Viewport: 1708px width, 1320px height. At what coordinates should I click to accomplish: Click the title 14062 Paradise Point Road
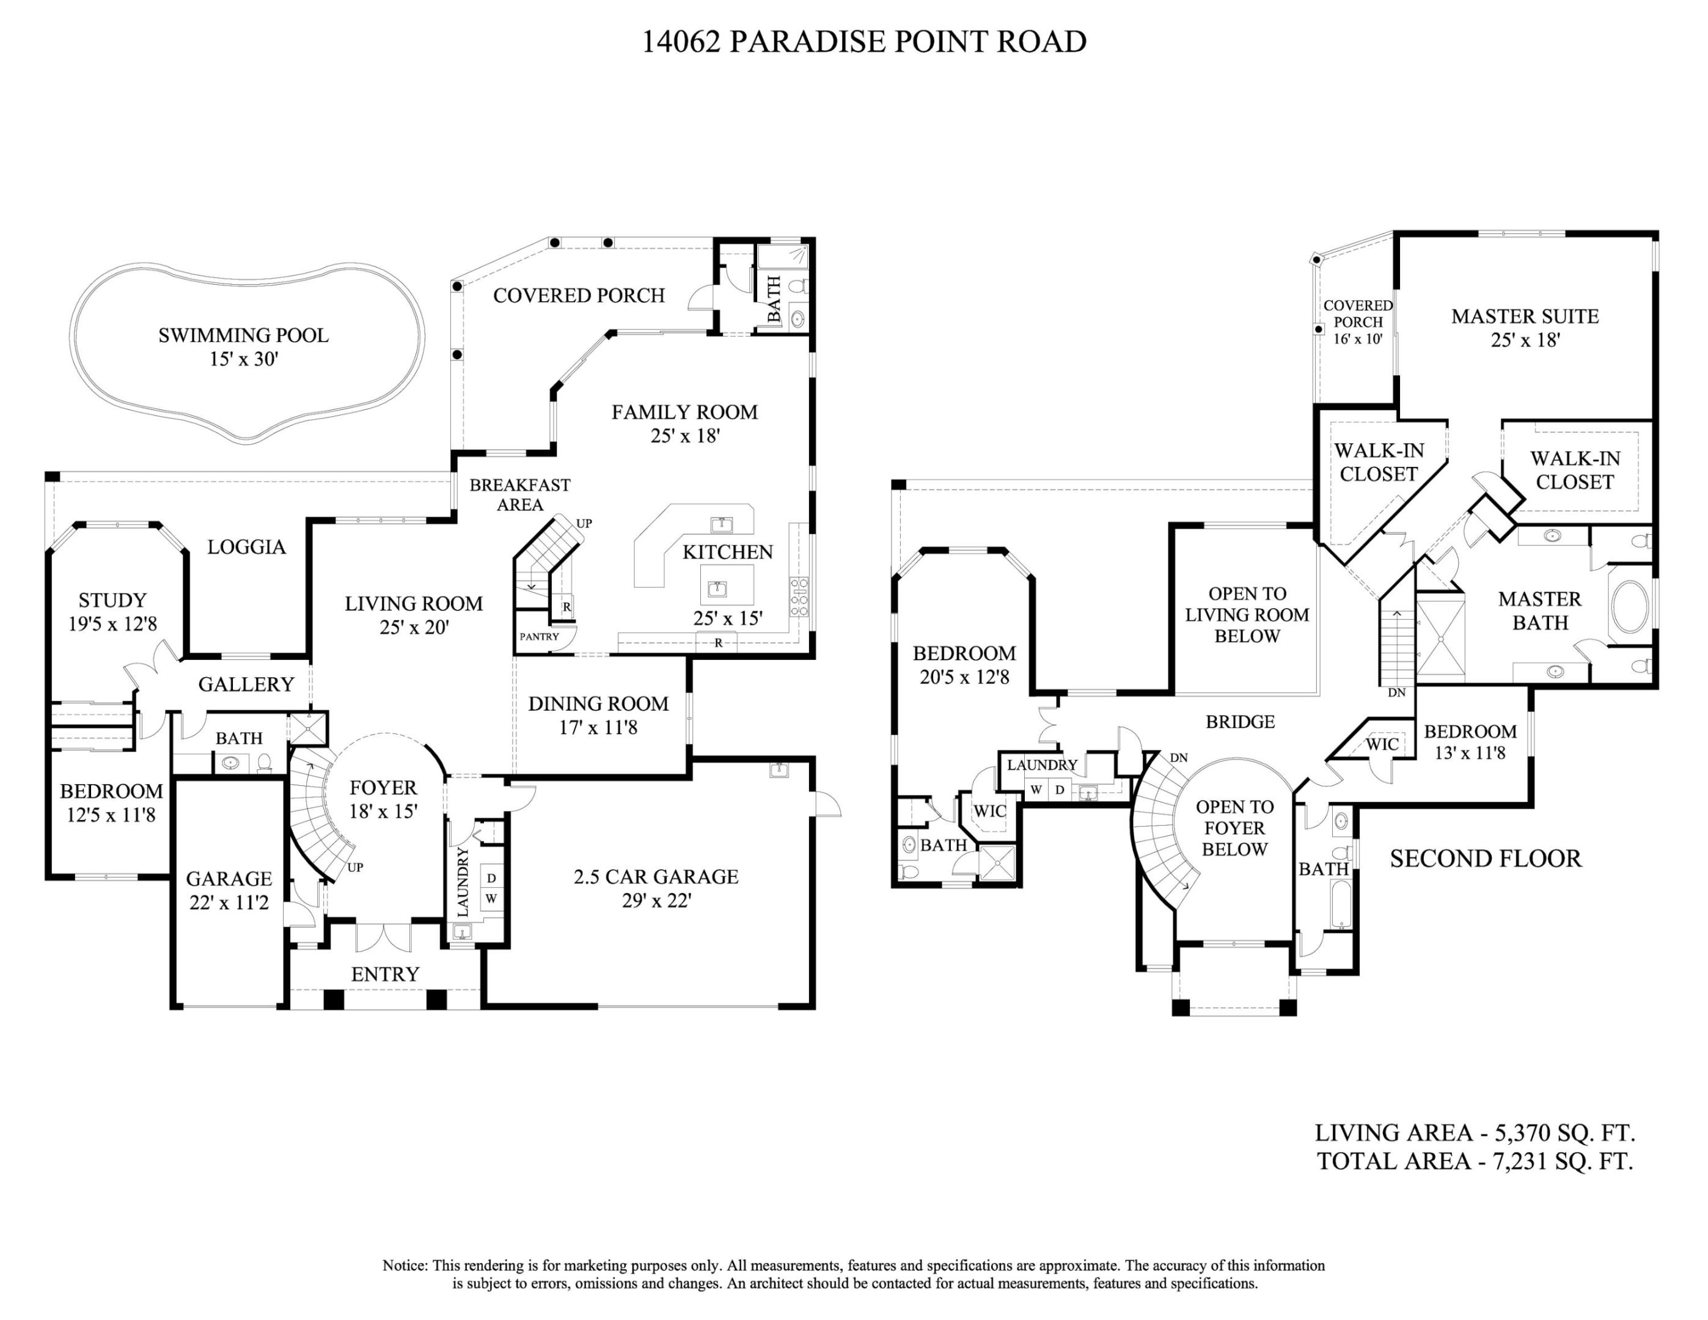click(x=863, y=42)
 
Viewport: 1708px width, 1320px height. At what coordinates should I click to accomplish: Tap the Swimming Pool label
click(x=243, y=335)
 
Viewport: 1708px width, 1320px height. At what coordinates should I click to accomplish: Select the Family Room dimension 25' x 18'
click(x=685, y=436)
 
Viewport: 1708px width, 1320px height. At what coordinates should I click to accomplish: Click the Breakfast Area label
click(x=519, y=494)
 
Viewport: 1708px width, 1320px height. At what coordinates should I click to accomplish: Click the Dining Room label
click(x=598, y=704)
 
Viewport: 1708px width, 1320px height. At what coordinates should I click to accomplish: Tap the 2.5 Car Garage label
click(x=655, y=876)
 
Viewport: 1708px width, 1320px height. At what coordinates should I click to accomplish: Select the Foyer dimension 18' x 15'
click(x=383, y=811)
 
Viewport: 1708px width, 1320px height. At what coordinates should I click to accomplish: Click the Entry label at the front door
click(x=385, y=974)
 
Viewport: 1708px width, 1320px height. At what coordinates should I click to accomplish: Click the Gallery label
click(x=246, y=684)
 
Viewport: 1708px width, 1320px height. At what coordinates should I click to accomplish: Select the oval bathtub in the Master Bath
click(x=1630, y=606)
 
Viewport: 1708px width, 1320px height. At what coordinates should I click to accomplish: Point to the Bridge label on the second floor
click(x=1239, y=722)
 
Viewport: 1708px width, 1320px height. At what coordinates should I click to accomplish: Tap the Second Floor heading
click(x=1485, y=859)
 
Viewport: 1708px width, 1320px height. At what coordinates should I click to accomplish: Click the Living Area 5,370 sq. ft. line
click(x=1474, y=1132)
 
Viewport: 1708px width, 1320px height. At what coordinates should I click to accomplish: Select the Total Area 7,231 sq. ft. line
click(x=1474, y=1161)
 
